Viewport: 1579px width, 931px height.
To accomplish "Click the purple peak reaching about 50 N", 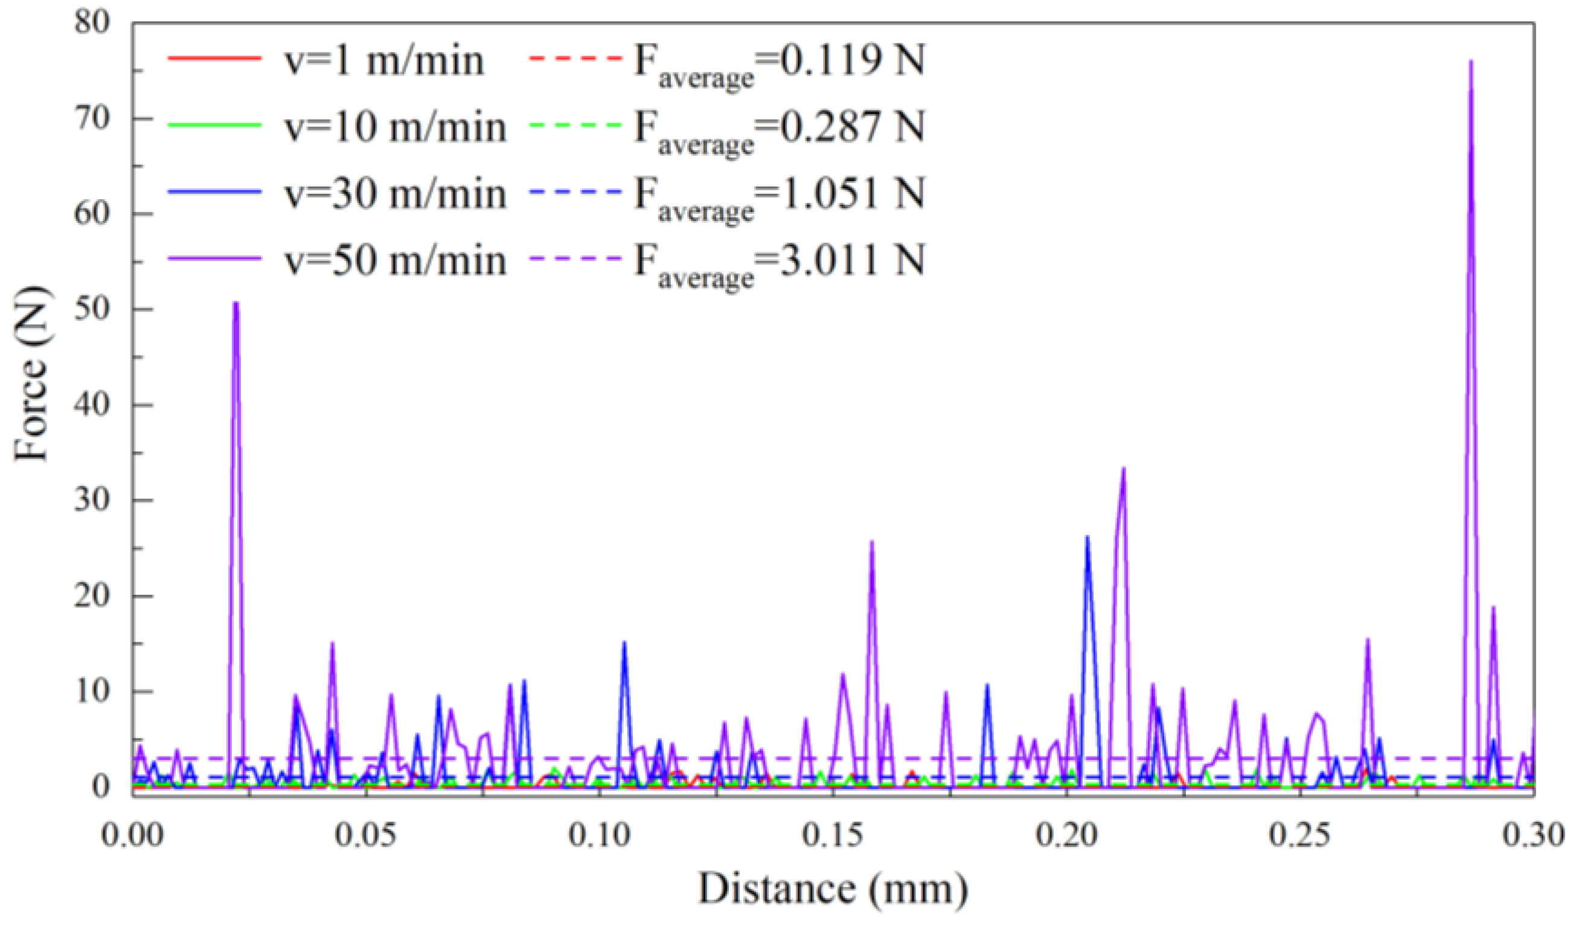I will pos(236,304).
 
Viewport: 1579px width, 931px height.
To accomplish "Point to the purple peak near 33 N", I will pos(1124,469).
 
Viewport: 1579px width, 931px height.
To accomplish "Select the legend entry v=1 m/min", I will pos(384,62).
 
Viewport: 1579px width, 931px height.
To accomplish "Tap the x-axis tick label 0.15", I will pos(833,836).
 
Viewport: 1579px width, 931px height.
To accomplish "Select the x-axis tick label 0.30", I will pos(1533,836).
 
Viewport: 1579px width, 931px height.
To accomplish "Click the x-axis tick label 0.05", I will pos(366,836).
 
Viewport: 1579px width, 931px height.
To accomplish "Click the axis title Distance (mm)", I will pos(833,889).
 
